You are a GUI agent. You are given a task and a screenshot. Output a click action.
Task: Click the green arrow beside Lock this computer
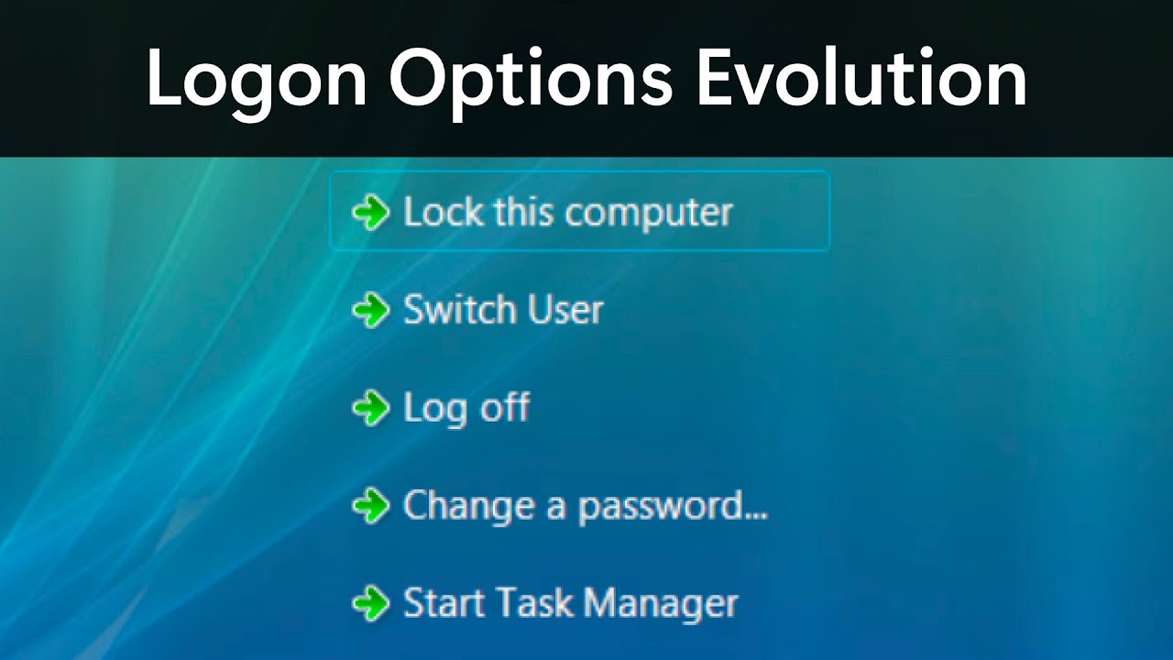[x=371, y=213]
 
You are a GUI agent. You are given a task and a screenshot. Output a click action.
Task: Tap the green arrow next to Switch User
[x=371, y=311]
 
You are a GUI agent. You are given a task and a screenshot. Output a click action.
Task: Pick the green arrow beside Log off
[x=371, y=408]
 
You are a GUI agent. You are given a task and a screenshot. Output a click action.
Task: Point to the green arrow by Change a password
[x=371, y=506]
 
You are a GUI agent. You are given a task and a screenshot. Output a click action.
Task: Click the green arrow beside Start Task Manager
[x=371, y=603]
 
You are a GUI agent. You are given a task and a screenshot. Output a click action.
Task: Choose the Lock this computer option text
[x=568, y=213]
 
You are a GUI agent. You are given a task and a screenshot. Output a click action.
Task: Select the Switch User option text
[x=503, y=311]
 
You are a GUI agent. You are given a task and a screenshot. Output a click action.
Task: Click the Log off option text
[x=466, y=408]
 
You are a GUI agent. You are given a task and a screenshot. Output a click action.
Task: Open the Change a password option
[x=585, y=506]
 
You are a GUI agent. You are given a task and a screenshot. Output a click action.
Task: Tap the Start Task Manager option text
[x=570, y=603]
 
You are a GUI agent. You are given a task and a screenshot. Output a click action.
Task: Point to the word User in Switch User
[x=566, y=311]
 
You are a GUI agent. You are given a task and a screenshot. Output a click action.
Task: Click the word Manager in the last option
[x=661, y=604]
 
